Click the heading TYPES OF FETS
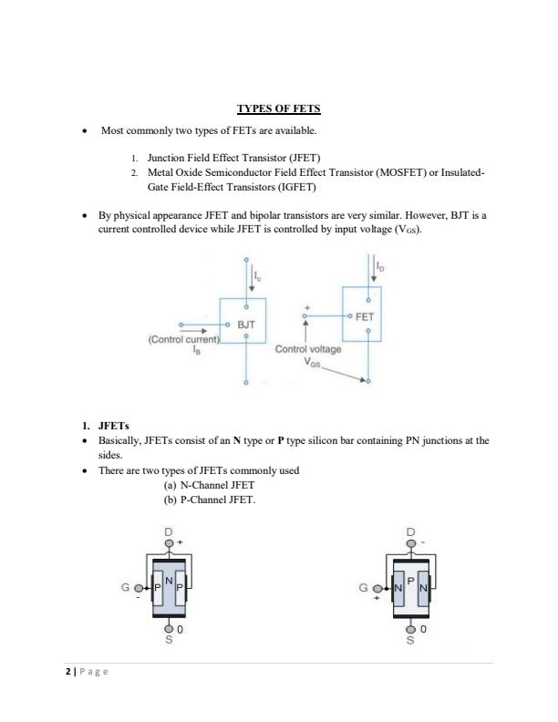[x=278, y=109]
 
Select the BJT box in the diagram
[x=243, y=322]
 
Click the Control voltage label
[x=307, y=347]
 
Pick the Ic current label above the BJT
[x=257, y=273]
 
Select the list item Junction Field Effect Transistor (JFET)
[x=234, y=157]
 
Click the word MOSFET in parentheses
[x=413, y=171]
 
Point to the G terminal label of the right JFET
[x=366, y=589]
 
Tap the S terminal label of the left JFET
[x=168, y=640]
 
